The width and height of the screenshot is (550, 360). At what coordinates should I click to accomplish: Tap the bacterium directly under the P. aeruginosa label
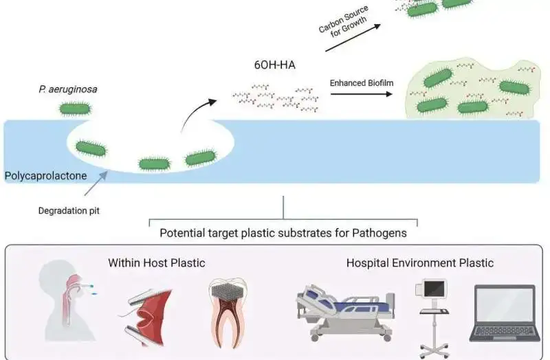click(75, 108)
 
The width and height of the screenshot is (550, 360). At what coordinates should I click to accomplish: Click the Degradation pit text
click(69, 211)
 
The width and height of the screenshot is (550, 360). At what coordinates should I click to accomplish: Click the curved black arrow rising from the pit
click(196, 113)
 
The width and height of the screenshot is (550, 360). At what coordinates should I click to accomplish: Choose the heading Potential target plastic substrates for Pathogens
click(283, 233)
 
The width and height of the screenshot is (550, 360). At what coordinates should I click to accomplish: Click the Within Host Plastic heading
click(157, 262)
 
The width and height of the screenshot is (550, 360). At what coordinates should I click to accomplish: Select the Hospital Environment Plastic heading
click(419, 262)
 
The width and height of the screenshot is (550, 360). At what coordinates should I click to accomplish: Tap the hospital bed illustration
click(343, 312)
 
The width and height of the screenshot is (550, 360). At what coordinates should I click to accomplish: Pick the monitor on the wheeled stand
click(434, 313)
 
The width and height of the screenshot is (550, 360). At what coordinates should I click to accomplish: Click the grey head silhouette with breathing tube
click(69, 306)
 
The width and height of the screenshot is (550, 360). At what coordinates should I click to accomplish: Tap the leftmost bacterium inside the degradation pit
click(90, 147)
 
